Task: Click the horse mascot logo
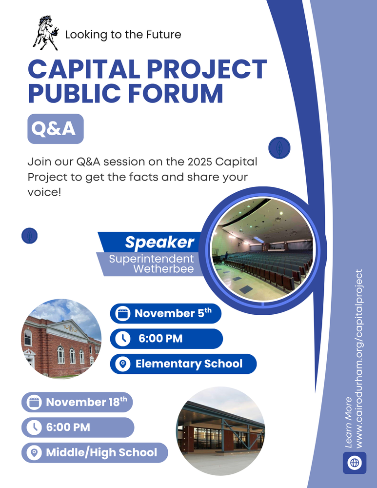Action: click(45, 33)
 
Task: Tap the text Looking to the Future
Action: click(123, 34)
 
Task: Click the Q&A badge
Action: click(55, 129)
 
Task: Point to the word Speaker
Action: click(159, 242)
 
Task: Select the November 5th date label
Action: click(173, 313)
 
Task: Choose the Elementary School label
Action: click(189, 364)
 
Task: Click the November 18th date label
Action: click(86, 402)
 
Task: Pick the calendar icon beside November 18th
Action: click(34, 403)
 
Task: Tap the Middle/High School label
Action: click(101, 452)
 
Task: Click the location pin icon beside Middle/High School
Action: click(34, 453)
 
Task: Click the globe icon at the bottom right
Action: click(355, 462)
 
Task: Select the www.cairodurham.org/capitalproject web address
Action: click(359, 359)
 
